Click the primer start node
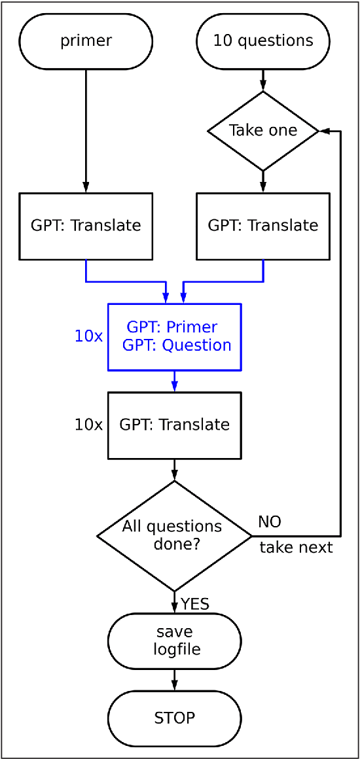coord(86,41)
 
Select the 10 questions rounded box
coord(263,41)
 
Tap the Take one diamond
coord(263,130)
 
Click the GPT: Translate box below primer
coord(86,226)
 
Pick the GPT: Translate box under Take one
coord(263,226)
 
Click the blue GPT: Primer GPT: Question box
coord(175,336)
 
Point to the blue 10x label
coord(88,336)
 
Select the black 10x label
coord(88,425)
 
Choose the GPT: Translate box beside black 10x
coord(175,425)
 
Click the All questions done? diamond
coord(174,536)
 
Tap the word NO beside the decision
coord(269,521)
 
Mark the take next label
coord(296,548)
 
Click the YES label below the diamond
coord(195,604)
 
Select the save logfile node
coord(174,641)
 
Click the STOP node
coord(174,718)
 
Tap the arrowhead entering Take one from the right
coord(323,131)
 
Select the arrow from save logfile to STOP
coord(174,679)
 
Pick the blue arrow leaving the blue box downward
coord(174,381)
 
